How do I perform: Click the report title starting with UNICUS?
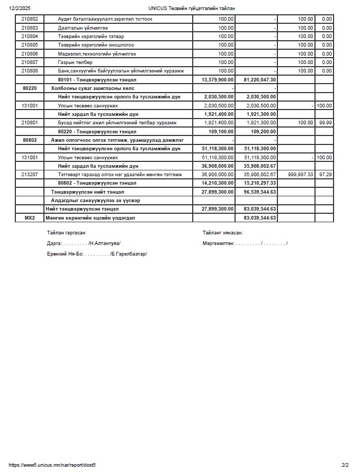pos(192,8)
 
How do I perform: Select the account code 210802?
pos(30,19)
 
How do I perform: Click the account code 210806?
pos(30,53)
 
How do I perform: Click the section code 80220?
pos(30,88)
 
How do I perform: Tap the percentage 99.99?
pos(326,123)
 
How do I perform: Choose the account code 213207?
pos(30,175)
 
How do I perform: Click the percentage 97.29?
pos(326,175)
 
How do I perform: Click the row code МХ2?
pos(30,218)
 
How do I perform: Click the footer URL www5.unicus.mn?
pos(52,465)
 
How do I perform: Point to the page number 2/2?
pos(345,465)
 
